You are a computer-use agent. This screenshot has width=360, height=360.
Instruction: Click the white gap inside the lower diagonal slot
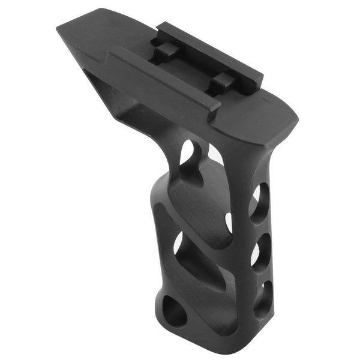click(x=178, y=243)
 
